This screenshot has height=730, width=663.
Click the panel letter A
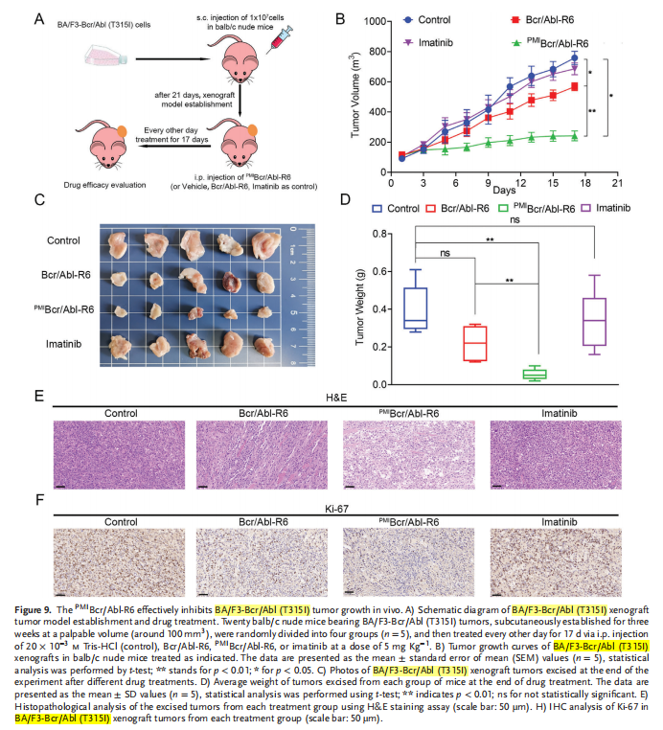pos(37,18)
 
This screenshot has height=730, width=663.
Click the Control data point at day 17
pos(574,57)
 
